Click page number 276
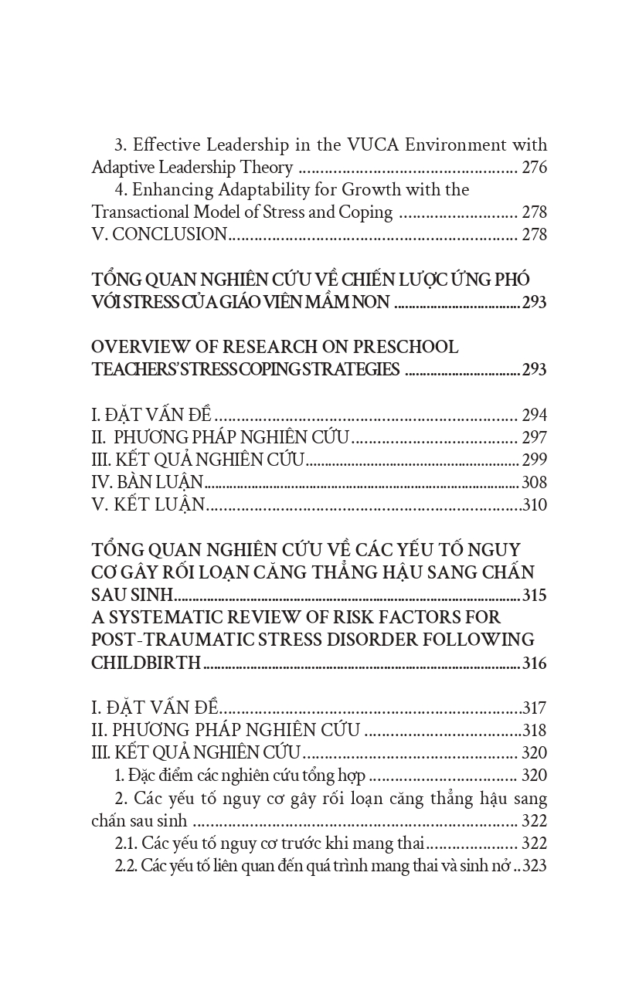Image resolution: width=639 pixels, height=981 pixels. [534, 168]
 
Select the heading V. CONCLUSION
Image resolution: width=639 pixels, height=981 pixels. [159, 235]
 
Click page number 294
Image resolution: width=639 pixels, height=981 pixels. [534, 416]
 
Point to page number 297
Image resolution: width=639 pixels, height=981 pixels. [534, 438]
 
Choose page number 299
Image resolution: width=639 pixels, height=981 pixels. [534, 460]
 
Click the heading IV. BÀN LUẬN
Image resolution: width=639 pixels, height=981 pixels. [147, 483]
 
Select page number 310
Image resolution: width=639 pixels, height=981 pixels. [534, 505]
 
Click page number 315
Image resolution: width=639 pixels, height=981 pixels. [534, 596]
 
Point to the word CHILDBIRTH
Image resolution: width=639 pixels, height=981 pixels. [146, 663]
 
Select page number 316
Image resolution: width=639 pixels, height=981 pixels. [534, 663]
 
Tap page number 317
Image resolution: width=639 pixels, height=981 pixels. [535, 708]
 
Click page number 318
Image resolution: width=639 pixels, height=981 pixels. [535, 731]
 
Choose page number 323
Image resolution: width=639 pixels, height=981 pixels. [535, 866]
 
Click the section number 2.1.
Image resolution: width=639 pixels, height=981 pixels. [126, 844]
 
